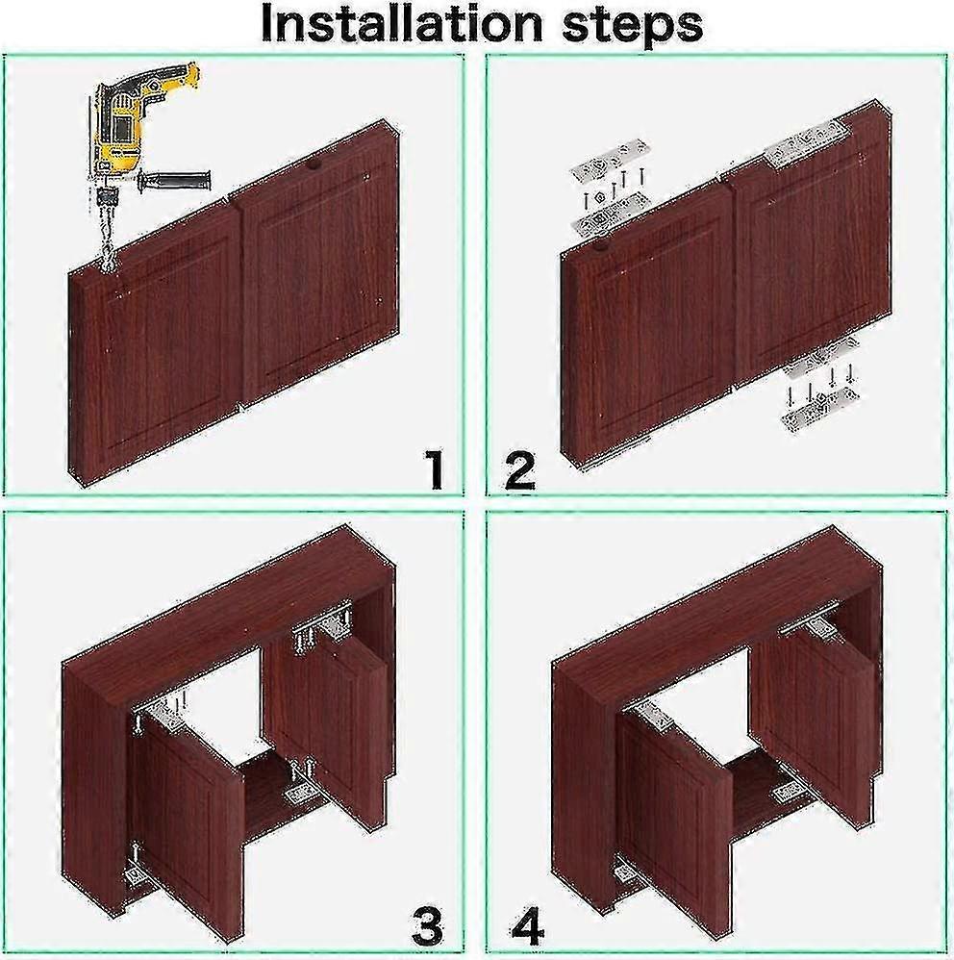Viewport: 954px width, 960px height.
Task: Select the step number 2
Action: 520,471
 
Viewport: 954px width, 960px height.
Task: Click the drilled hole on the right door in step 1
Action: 313,166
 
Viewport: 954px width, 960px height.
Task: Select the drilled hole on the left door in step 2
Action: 601,247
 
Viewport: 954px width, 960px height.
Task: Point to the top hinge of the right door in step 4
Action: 817,628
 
